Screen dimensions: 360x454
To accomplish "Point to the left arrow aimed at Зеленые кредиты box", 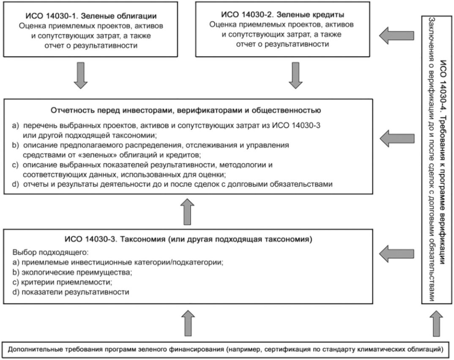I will coord(396,35).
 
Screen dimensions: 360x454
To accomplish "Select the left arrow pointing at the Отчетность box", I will coord(396,137).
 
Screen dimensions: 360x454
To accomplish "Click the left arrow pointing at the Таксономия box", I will coord(396,253).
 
